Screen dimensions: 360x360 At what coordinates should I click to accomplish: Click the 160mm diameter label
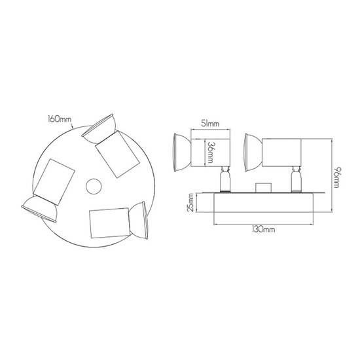[59, 119]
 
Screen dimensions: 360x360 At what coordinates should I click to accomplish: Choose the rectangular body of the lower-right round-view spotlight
[110, 223]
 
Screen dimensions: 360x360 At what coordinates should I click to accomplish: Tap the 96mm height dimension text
[336, 177]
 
